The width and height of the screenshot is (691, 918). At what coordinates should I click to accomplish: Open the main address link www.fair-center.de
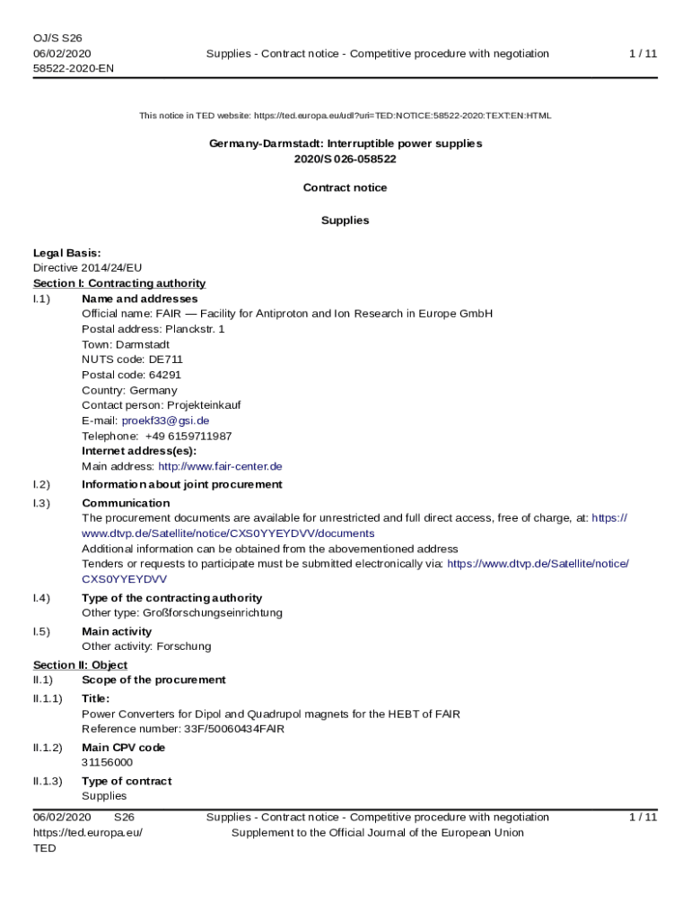point(220,466)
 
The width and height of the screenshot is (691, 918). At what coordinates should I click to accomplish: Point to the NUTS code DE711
point(166,359)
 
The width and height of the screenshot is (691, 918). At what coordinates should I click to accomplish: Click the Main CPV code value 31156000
point(107,762)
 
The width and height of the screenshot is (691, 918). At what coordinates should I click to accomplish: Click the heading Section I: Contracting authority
point(119,283)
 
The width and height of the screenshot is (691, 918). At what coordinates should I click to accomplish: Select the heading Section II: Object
point(80,665)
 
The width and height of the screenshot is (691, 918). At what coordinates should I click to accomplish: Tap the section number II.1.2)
point(48,748)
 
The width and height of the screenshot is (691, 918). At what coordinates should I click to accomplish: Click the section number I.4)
point(41,598)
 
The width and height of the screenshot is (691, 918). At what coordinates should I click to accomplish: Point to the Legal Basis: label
point(66,253)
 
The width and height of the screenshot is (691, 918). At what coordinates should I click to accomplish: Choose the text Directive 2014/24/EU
point(87,268)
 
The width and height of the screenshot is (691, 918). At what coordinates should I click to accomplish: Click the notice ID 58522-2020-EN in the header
point(73,68)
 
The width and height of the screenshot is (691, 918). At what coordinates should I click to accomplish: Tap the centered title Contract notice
point(345,187)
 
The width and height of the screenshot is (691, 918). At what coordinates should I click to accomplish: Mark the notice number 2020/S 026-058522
point(345,159)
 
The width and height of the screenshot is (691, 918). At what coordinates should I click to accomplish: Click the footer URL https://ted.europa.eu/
point(88,833)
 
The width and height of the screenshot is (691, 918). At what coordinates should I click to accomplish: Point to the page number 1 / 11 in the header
point(643,54)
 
